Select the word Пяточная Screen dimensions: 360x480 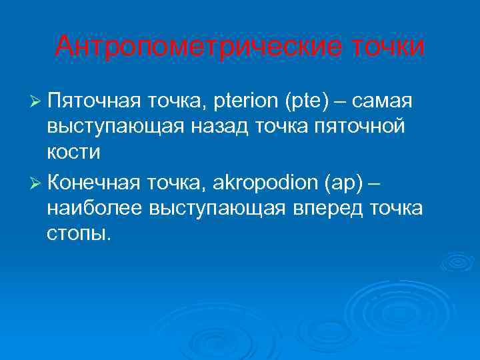pyautogui.click(x=93, y=101)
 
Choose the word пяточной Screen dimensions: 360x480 pyautogui.click(x=361, y=127)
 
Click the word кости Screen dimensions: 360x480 pyautogui.click(x=74, y=152)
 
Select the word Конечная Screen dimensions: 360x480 pyautogui.click(x=94, y=183)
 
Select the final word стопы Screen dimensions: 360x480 pyautogui.click(x=77, y=233)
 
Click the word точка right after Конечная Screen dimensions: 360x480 pyautogui.click(x=178, y=183)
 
